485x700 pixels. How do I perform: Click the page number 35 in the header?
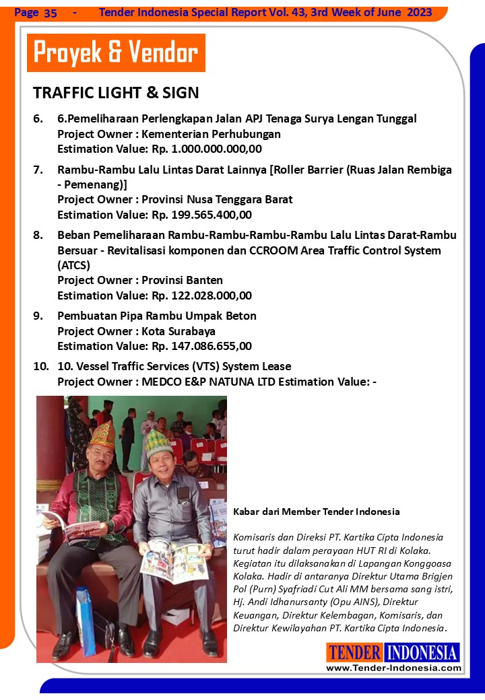[x=51, y=13]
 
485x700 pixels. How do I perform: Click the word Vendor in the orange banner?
[x=163, y=53]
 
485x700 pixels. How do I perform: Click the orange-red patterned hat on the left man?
[x=102, y=435]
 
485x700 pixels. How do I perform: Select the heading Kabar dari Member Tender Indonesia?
[x=316, y=512]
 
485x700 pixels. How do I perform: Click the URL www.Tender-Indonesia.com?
[x=393, y=668]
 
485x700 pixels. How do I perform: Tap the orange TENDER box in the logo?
[x=355, y=652]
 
